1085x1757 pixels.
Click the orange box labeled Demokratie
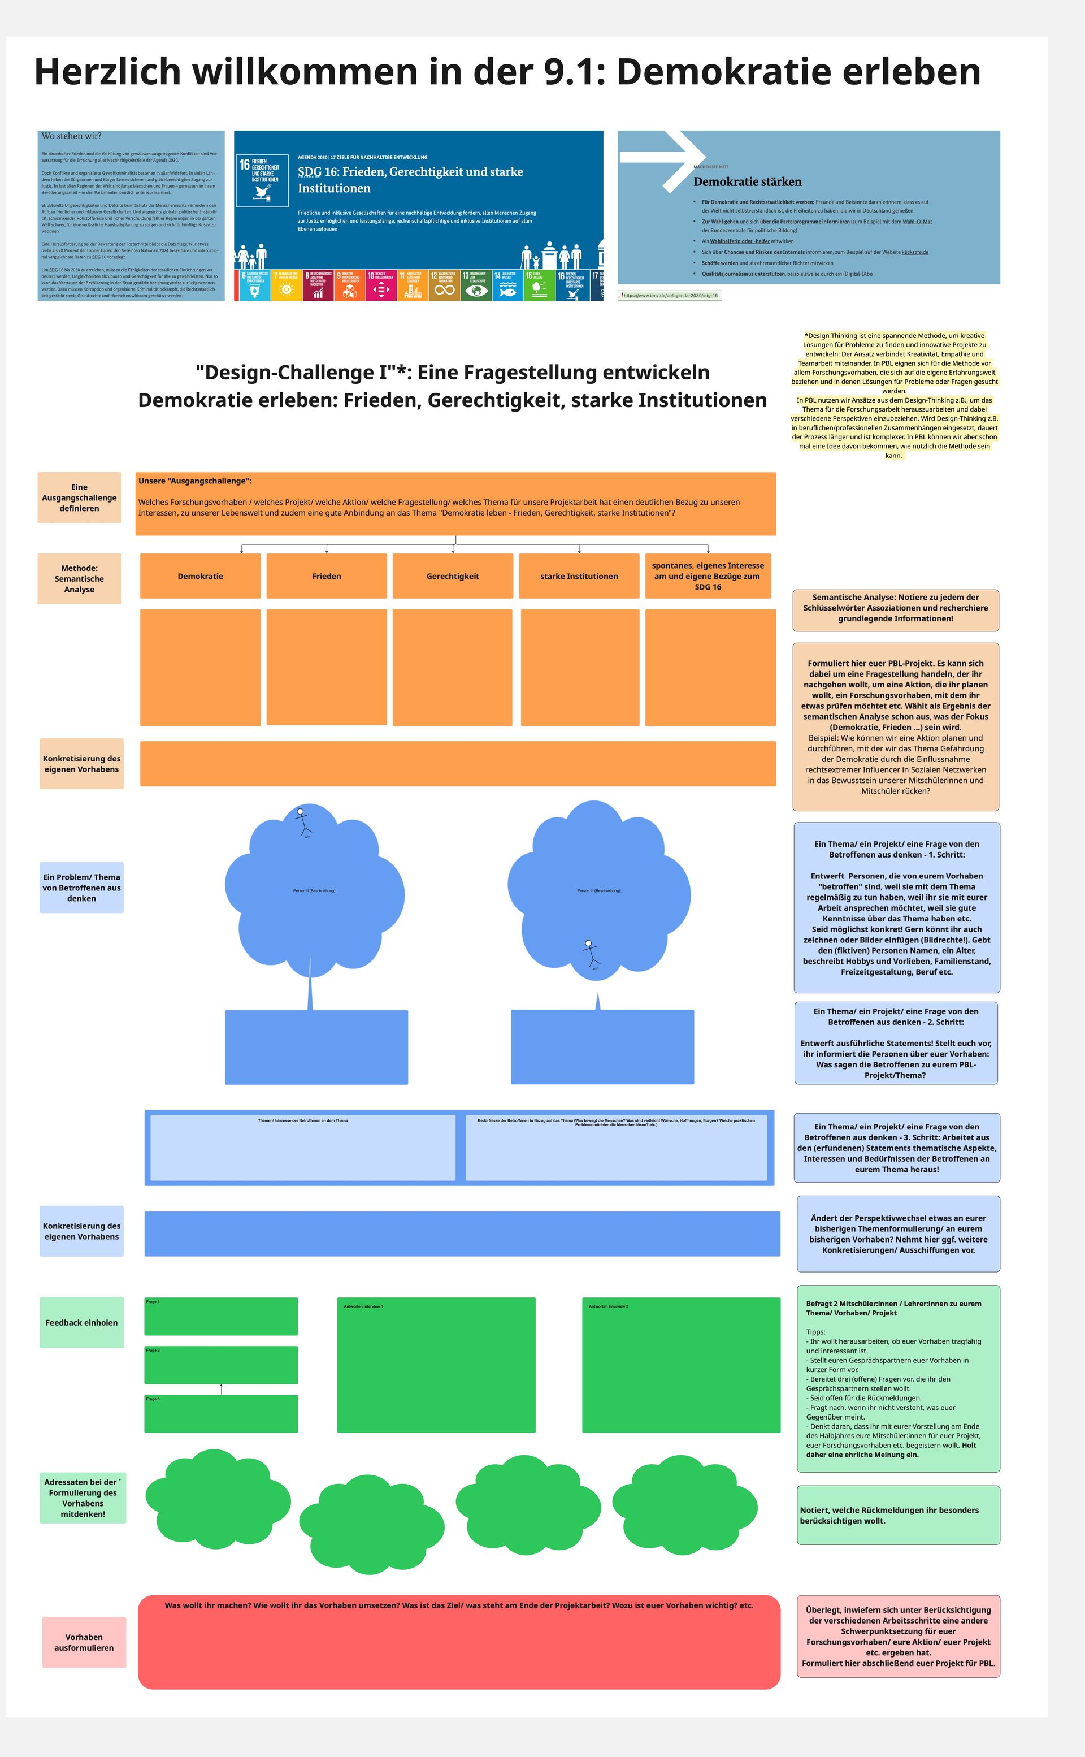pyautogui.click(x=200, y=575)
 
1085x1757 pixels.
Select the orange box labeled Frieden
pyautogui.click(x=327, y=575)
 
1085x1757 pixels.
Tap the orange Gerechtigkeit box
pyautogui.click(x=453, y=575)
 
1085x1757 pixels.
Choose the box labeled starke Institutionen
pyautogui.click(x=579, y=575)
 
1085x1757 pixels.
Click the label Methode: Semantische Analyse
pyautogui.click(x=79, y=578)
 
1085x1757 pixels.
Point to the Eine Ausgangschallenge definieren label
pyautogui.click(x=79, y=497)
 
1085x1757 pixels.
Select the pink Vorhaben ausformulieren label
pyautogui.click(x=84, y=1642)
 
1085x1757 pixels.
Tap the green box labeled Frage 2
pyautogui.click(x=221, y=1365)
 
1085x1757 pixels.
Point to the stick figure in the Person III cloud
pyautogui.click(x=590, y=953)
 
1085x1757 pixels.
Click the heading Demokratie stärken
pyautogui.click(x=747, y=181)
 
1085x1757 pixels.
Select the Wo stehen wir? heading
pyautogui.click(x=71, y=136)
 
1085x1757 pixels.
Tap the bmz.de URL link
pyautogui.click(x=670, y=296)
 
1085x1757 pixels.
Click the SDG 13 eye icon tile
pyautogui.click(x=476, y=285)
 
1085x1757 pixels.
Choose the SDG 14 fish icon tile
pyautogui.click(x=507, y=285)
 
